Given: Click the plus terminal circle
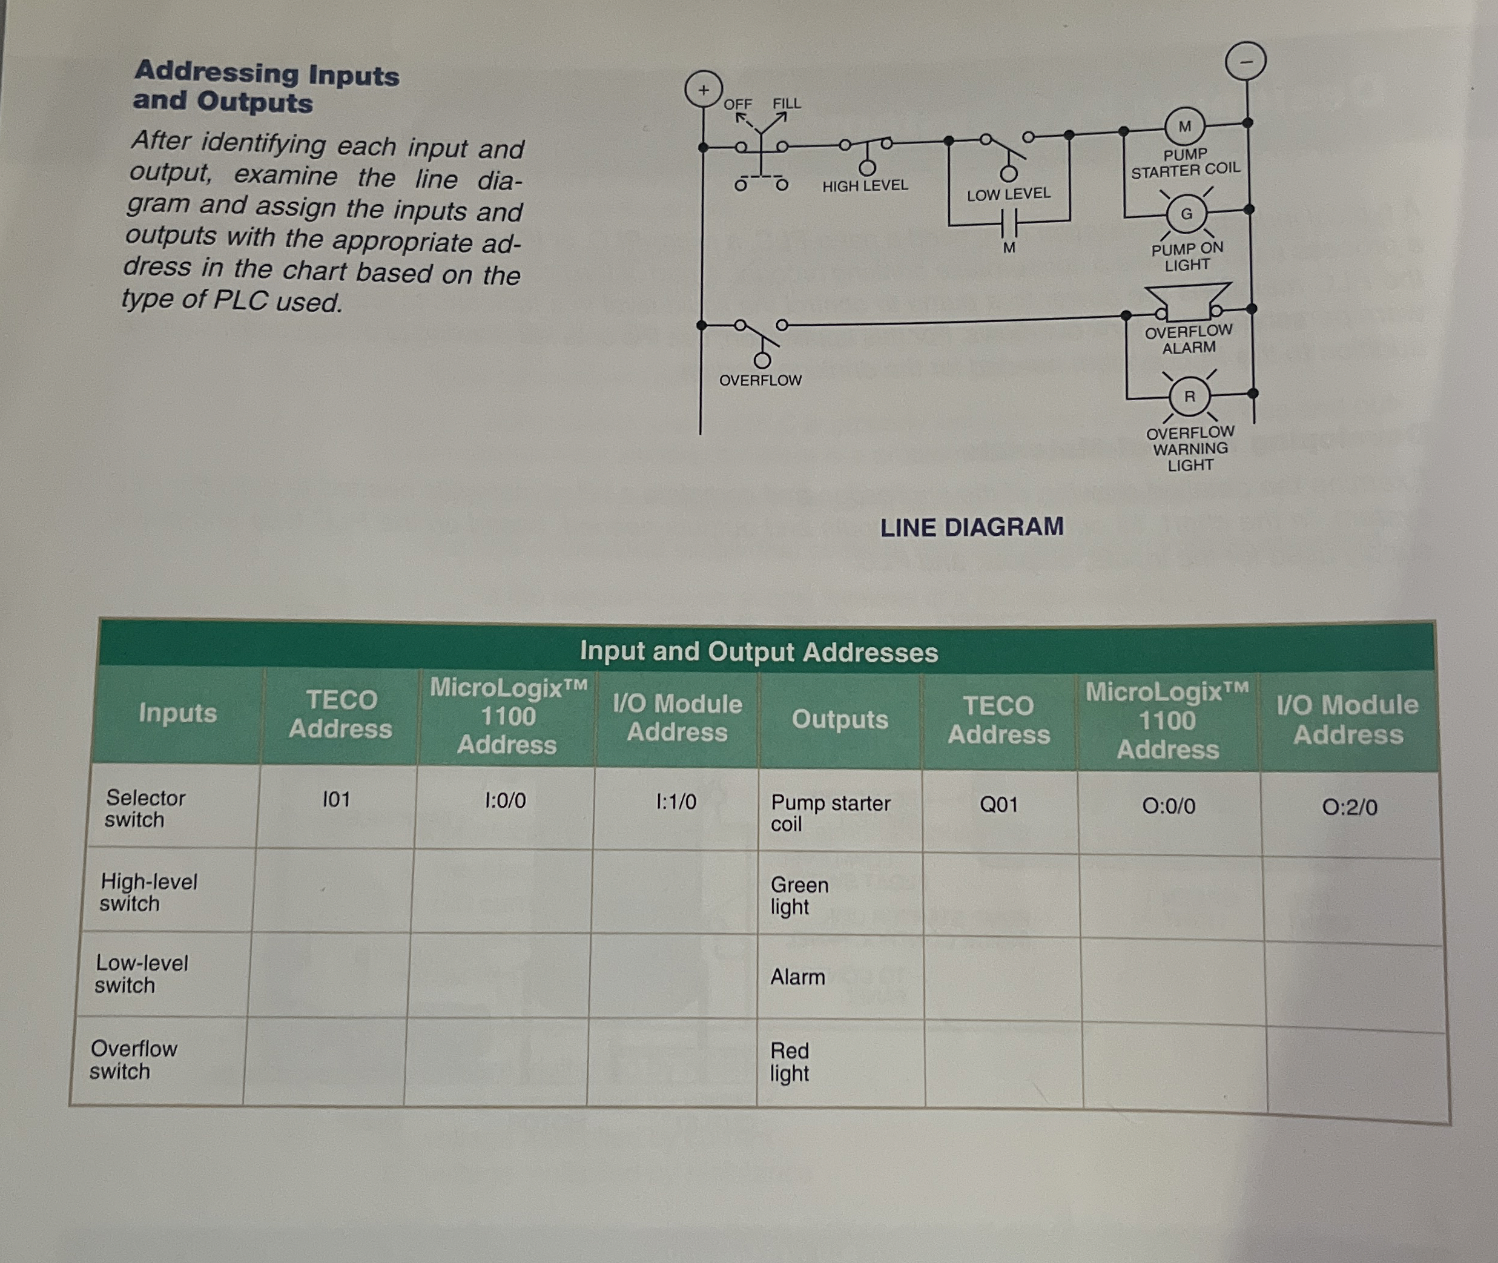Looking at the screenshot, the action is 703,90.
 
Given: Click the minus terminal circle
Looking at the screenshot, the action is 1246,62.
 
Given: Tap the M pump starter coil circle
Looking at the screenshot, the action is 1185,127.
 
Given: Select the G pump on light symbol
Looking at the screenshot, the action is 1187,213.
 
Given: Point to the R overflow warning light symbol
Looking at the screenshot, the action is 1189,396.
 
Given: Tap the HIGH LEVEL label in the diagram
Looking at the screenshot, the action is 865,186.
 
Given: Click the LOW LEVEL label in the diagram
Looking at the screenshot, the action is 1008,194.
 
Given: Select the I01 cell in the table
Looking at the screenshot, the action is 336,799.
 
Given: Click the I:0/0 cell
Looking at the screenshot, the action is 505,800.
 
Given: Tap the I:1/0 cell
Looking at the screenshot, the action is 676,802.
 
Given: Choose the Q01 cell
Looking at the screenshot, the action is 998,805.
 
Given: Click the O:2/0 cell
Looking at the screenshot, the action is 1349,808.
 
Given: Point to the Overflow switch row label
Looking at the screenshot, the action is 133,1060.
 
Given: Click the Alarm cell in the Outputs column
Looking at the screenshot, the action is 797,977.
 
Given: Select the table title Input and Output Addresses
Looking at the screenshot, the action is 758,651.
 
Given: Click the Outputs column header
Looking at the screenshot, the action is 839,719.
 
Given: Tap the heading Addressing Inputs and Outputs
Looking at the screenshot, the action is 266,87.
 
